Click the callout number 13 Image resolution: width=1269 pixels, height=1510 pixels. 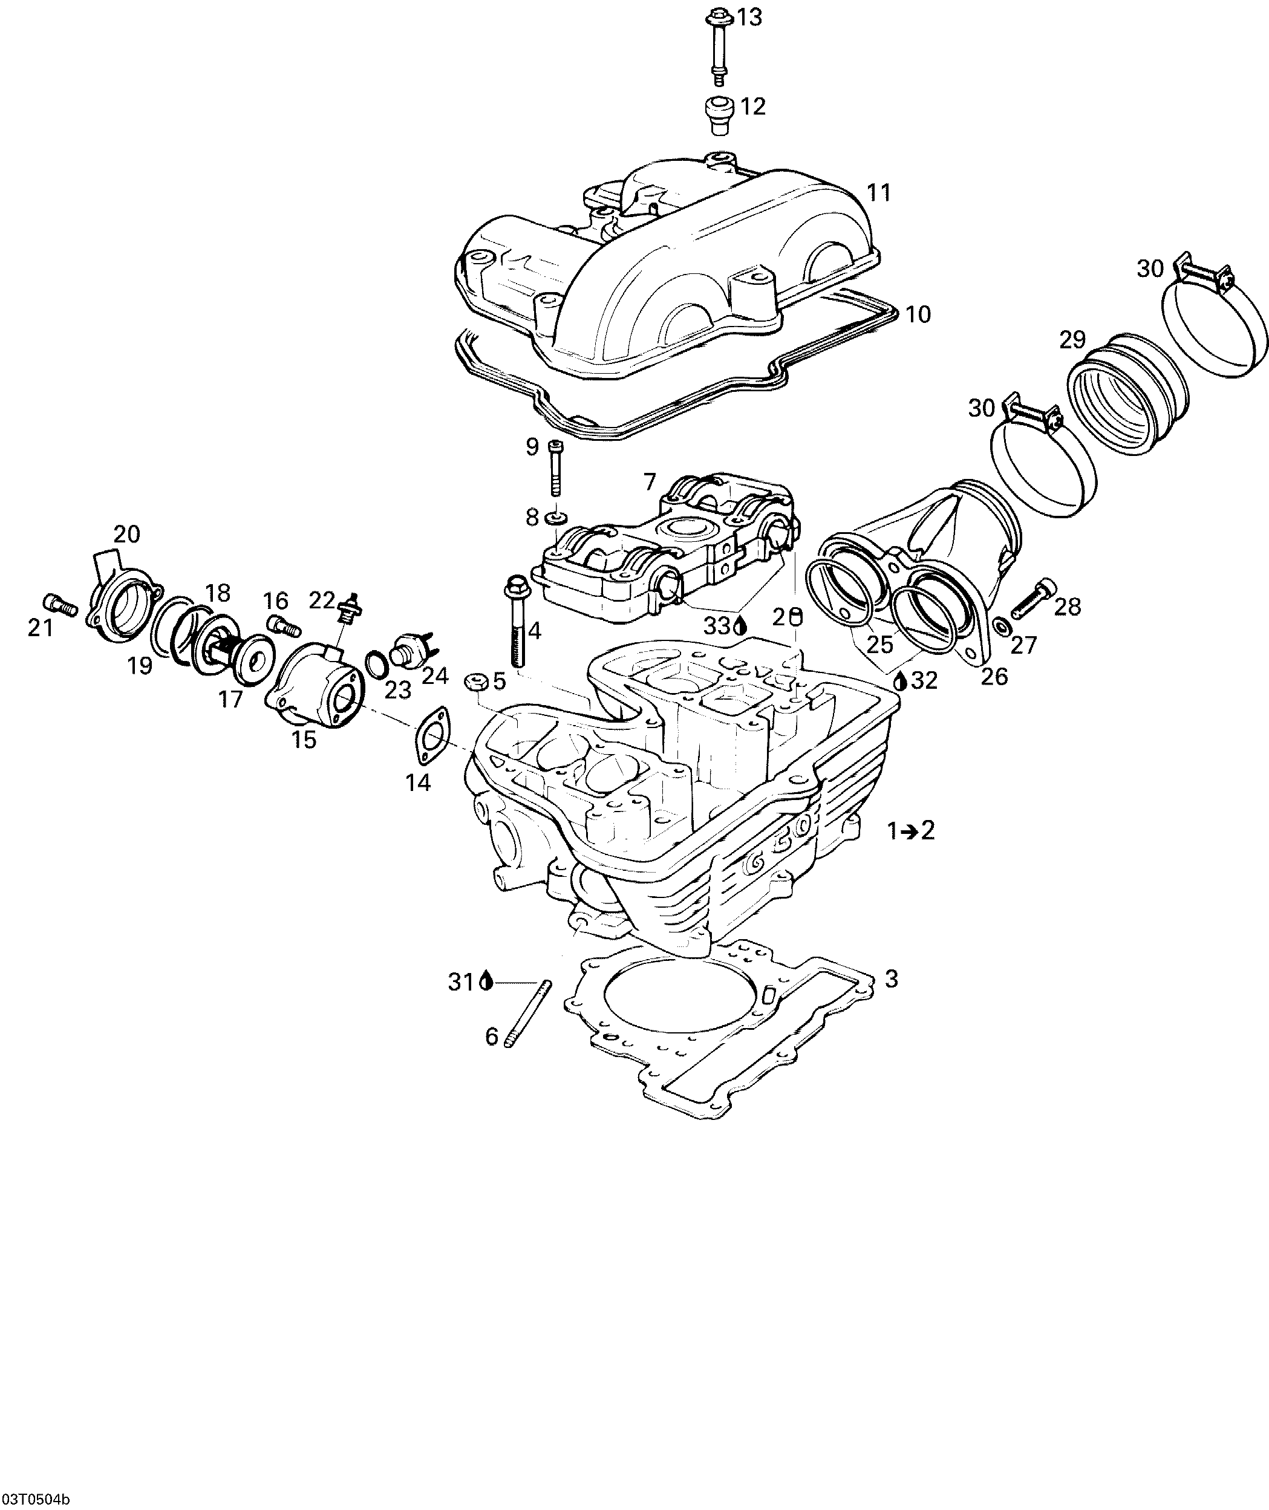(x=749, y=18)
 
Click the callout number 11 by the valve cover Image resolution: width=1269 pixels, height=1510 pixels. (x=878, y=193)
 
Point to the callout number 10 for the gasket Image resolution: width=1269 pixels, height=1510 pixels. (x=918, y=314)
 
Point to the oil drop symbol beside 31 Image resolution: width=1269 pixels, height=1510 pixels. (x=487, y=981)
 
